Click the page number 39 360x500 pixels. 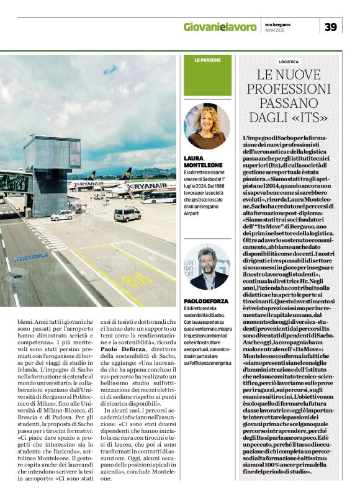click(331, 27)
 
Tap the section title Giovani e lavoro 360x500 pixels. click(220, 27)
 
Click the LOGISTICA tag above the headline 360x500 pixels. click(289, 62)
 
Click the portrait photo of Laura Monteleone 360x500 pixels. click(207, 126)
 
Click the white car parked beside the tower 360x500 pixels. click(61, 215)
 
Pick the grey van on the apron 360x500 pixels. click(127, 214)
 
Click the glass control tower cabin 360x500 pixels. click(53, 154)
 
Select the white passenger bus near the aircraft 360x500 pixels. click(158, 197)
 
